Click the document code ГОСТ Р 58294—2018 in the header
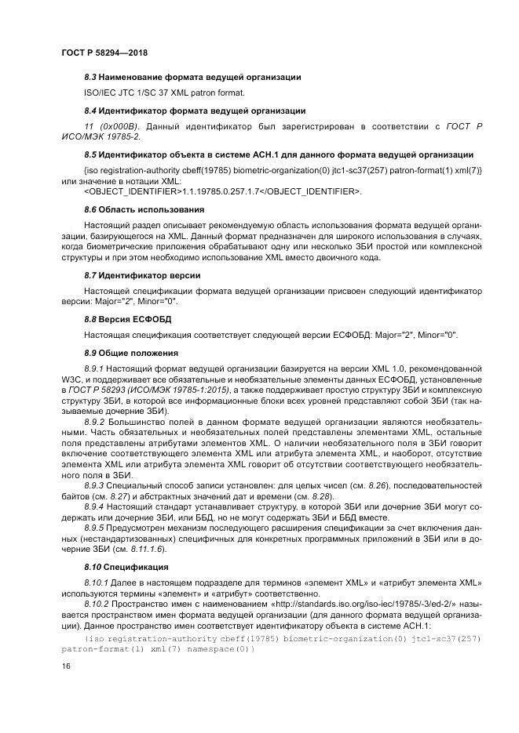tap(104, 53)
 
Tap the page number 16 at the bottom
tap(66, 666)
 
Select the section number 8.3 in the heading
tap(91, 77)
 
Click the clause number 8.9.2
tap(95, 422)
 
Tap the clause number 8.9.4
tap(95, 506)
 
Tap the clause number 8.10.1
tap(97, 583)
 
